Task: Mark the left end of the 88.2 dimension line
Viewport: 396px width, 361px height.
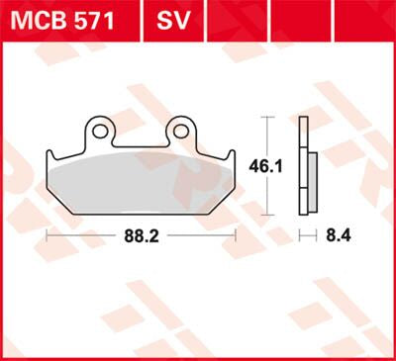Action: click(48, 236)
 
